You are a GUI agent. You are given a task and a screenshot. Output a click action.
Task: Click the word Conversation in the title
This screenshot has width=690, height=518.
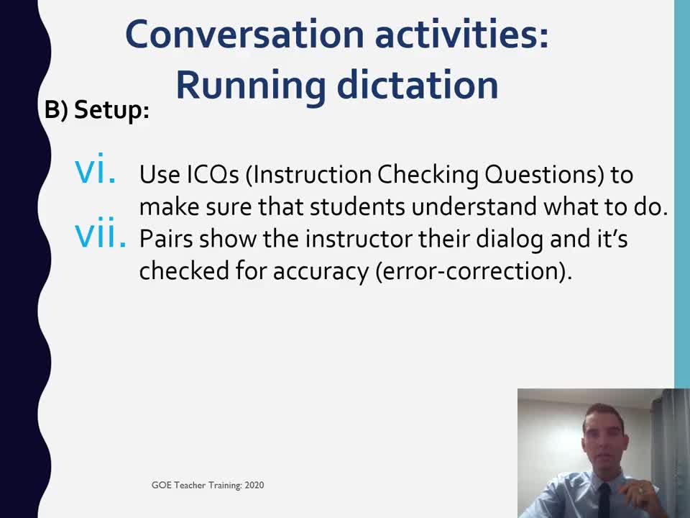[x=244, y=35]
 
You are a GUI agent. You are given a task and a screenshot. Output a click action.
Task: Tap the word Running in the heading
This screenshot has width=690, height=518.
[x=252, y=86]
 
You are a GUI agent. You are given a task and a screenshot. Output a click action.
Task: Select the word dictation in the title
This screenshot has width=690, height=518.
[x=418, y=85]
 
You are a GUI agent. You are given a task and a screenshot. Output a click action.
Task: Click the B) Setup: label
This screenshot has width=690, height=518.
[x=97, y=109]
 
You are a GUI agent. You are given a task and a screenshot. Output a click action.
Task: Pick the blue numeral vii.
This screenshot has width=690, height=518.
[x=101, y=232]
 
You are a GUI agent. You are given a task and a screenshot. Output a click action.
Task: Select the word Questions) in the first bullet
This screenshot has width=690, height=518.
[x=544, y=175]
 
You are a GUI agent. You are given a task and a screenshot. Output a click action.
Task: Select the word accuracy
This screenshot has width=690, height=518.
[x=321, y=271]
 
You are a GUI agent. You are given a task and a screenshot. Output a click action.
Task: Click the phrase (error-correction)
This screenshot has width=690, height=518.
[x=474, y=271]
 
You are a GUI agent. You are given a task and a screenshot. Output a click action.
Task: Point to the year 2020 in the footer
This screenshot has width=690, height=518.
[x=254, y=485]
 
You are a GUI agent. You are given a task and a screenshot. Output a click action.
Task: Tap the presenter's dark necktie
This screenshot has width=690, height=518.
[x=605, y=501]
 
